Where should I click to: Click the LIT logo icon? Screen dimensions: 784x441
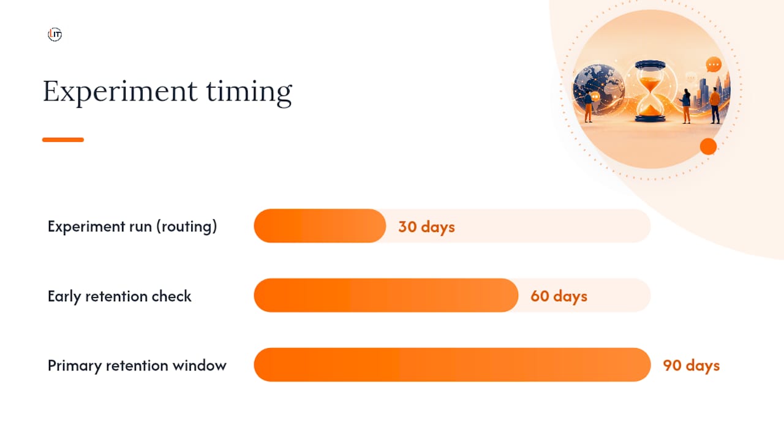55,34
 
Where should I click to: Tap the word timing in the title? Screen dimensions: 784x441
249,92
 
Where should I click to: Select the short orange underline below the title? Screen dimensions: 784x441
63,140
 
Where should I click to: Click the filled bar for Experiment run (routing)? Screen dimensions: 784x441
320,226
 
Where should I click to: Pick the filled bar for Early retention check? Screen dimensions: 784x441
386,295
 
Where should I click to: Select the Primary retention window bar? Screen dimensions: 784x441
452,364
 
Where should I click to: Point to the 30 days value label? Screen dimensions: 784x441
427,227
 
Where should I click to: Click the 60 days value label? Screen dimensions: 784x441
559,296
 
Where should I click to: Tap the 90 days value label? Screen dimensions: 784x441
692,366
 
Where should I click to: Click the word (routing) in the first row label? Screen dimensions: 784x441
187,227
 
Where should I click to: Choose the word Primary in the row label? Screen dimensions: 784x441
75,366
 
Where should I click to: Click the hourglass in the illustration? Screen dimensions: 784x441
650,91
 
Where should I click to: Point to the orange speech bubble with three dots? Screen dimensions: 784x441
714,65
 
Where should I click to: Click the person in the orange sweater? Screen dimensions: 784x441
715,105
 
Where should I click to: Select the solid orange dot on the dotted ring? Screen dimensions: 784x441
709,146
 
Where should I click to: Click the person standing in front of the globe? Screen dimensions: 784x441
589,106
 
